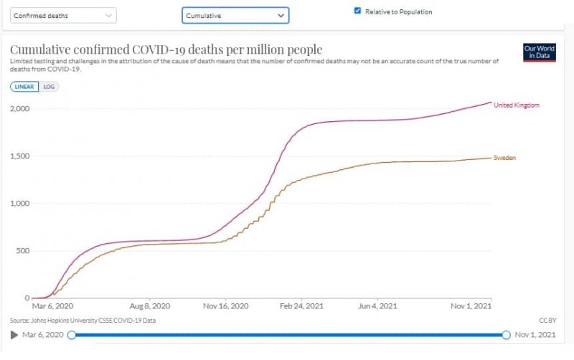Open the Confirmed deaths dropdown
click(63, 15)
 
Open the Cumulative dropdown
click(235, 15)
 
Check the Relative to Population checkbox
click(357, 11)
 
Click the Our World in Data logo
click(540, 52)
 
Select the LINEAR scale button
click(24, 87)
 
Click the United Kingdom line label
click(517, 105)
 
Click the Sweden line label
click(504, 157)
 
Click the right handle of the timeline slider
click(507, 334)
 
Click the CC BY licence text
click(547, 320)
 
